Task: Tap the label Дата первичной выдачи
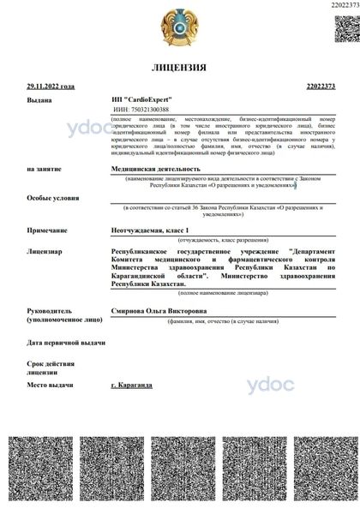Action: [65, 343]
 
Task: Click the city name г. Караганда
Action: [132, 385]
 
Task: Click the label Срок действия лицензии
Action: [50, 368]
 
